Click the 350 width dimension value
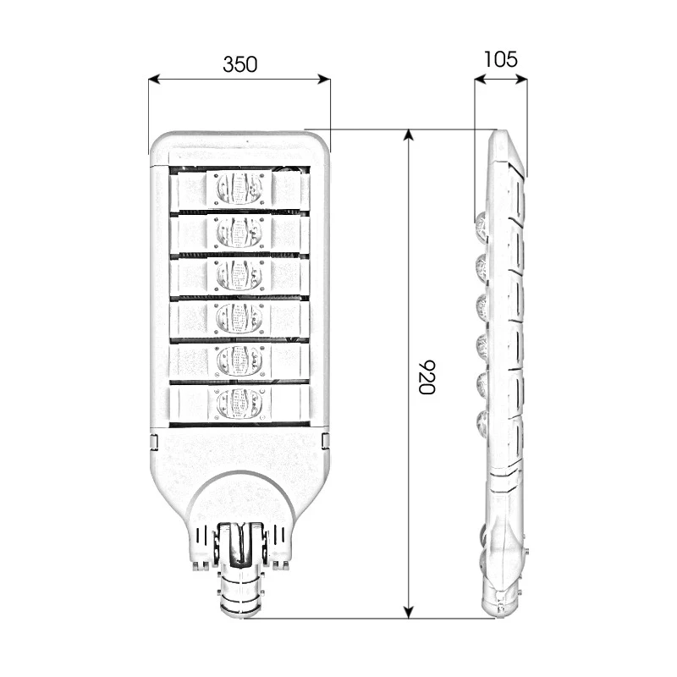(239, 64)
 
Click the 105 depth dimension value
(500, 59)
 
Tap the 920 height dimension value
(426, 377)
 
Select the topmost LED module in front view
(240, 188)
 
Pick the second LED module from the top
(240, 231)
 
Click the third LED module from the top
(240, 274)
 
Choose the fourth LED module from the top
(240, 317)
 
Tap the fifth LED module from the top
(240, 361)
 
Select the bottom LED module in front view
(240, 404)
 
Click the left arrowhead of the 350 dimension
(153, 80)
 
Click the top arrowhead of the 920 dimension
(409, 135)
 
